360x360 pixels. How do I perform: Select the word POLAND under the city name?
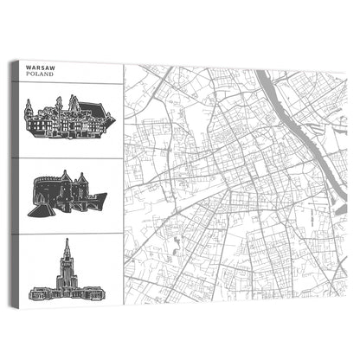[41, 75]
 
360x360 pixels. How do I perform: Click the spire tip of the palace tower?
[67, 241]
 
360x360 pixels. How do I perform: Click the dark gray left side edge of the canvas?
[13, 182]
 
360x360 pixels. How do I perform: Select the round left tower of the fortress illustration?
[40, 192]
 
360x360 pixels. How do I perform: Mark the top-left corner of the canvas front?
[18, 61]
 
